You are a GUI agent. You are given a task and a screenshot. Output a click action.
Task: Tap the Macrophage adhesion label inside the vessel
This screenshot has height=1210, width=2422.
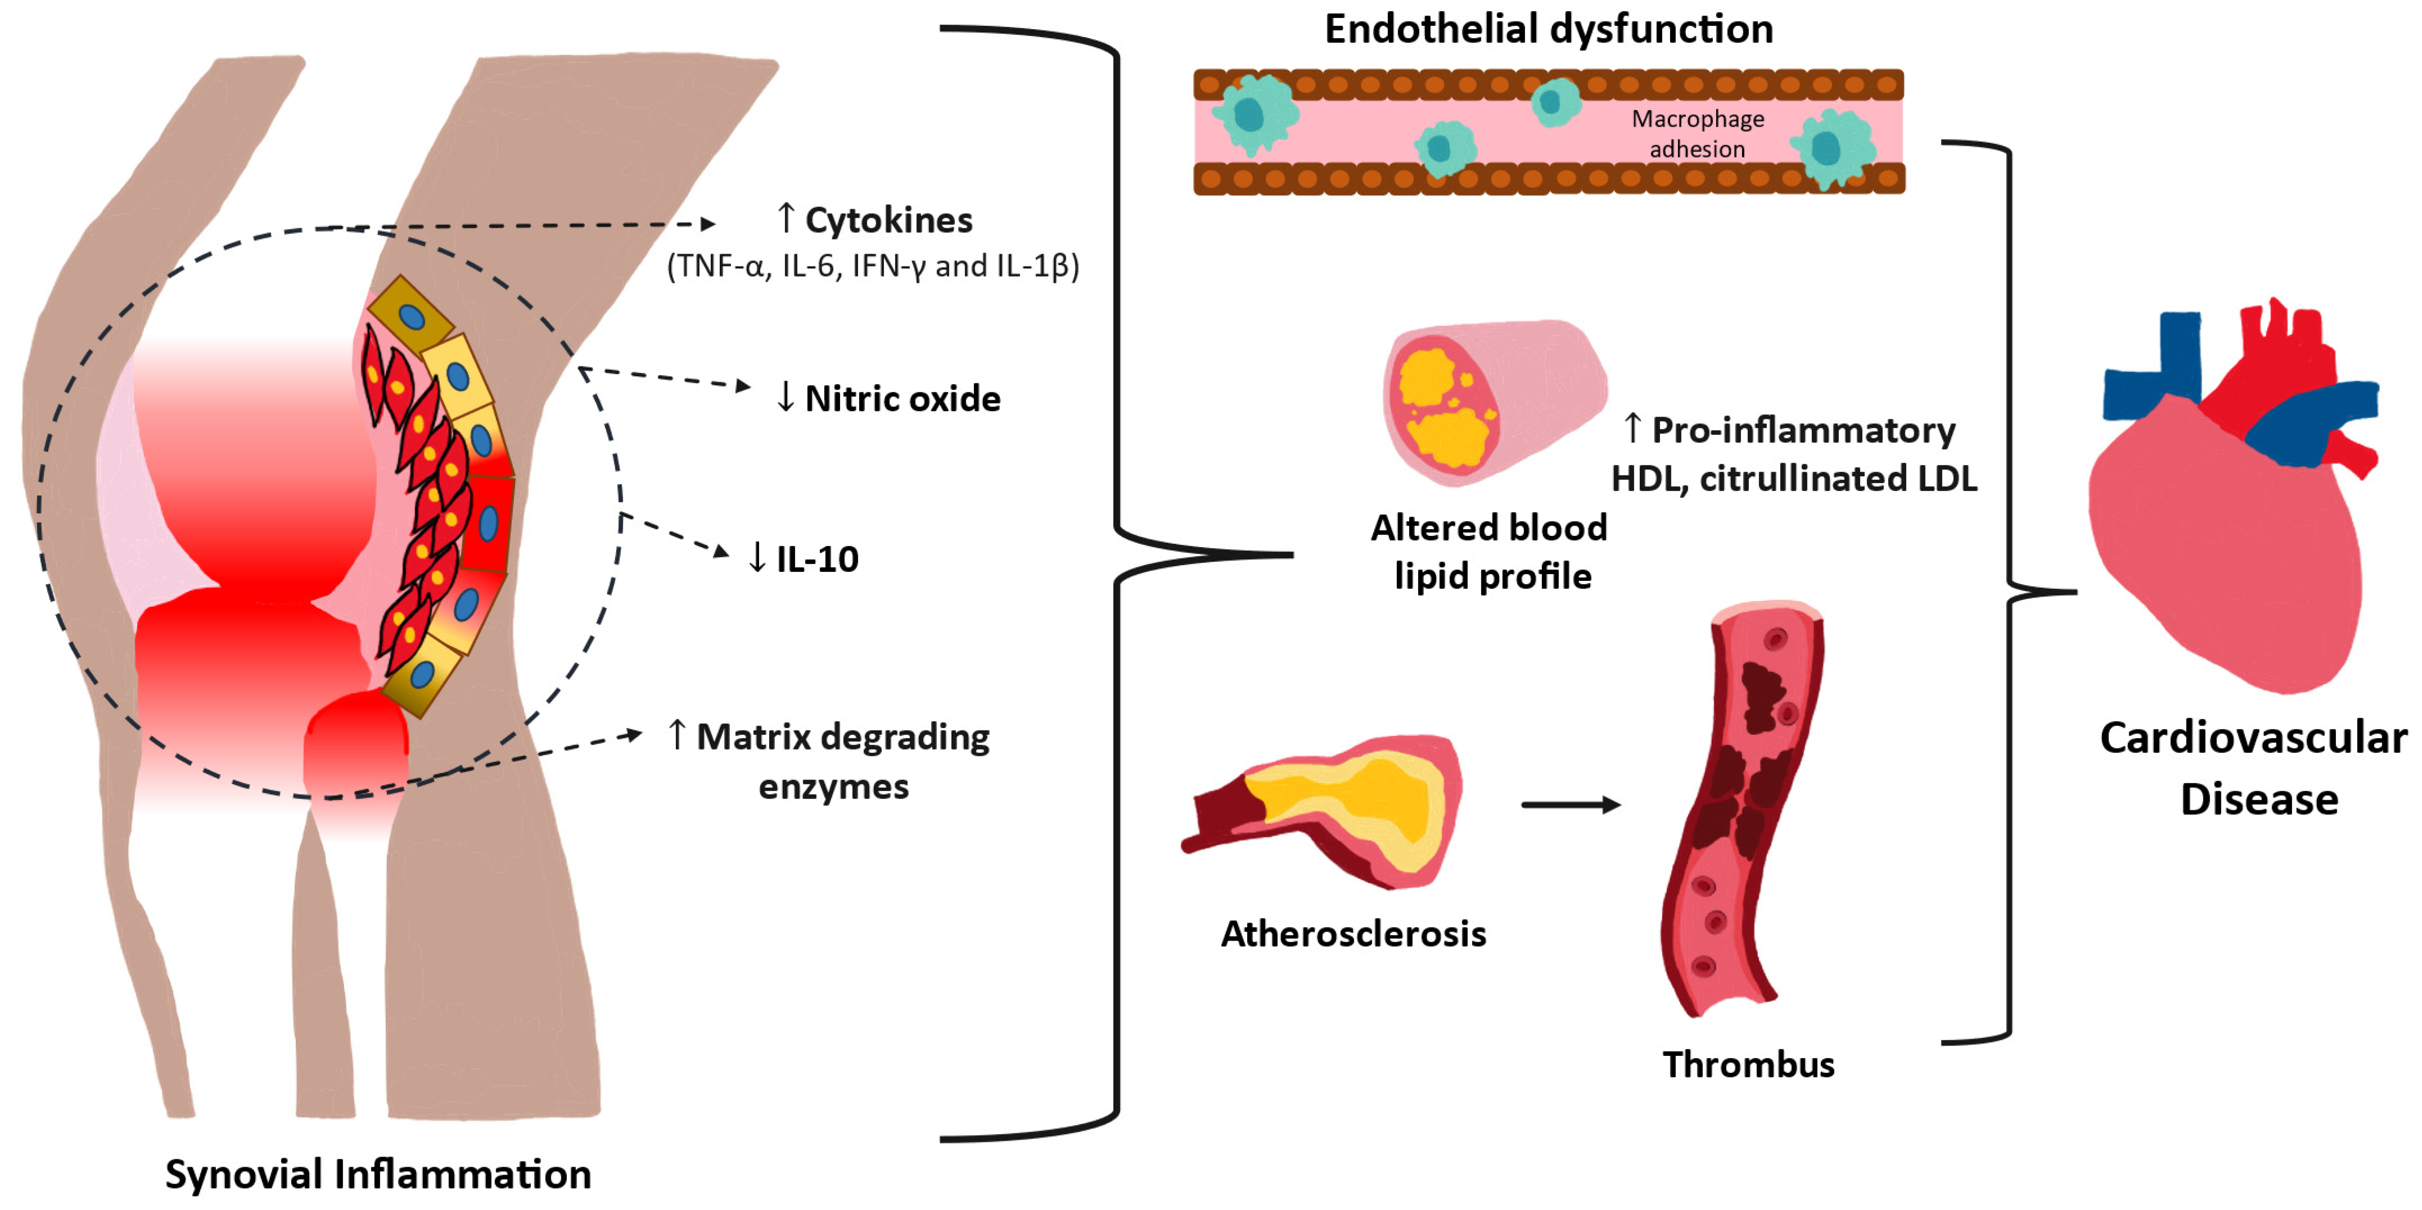[x=1697, y=133]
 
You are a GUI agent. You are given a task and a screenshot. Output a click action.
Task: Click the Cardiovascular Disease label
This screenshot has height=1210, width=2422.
[x=2254, y=768]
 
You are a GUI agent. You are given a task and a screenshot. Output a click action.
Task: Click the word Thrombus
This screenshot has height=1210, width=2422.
[x=1748, y=1065]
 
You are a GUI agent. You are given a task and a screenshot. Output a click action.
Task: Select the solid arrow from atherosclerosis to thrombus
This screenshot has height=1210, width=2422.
[x=1570, y=805]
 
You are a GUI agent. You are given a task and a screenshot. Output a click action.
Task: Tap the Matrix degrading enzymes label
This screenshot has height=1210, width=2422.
[x=841, y=761]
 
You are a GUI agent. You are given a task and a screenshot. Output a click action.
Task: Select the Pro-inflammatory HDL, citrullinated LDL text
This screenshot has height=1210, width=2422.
[x=1794, y=455]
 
